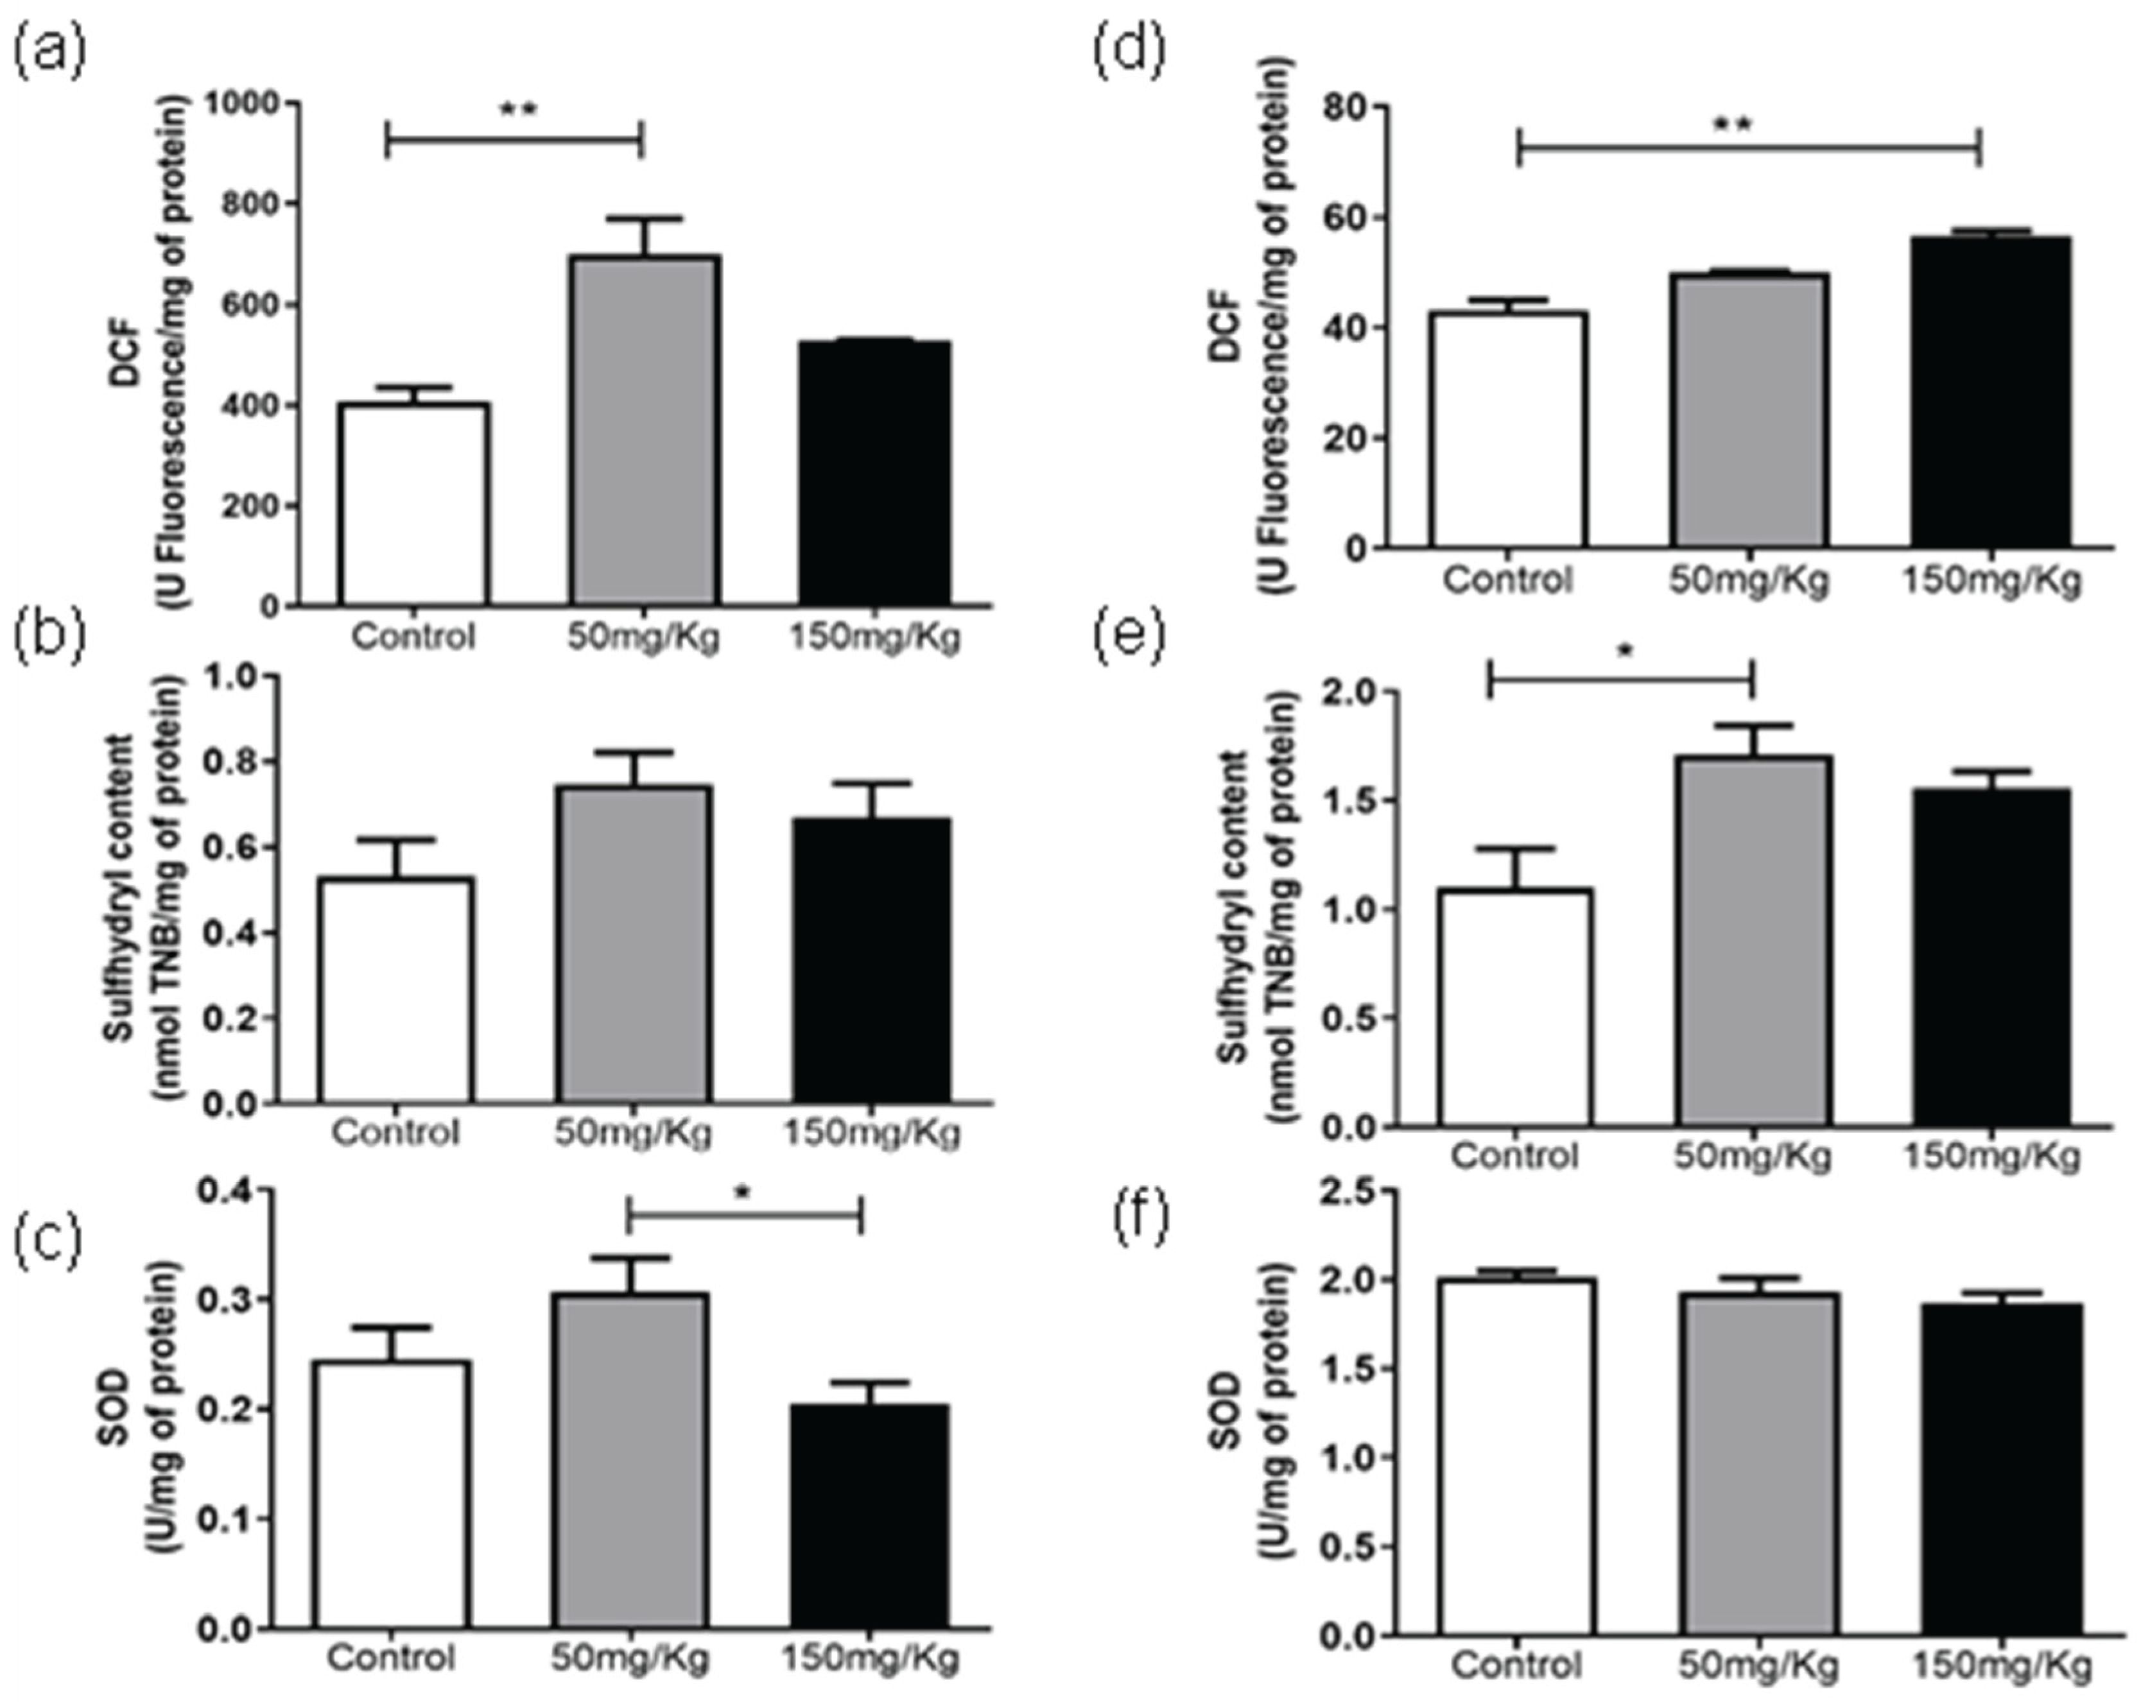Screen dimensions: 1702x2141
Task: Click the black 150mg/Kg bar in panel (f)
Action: [2000, 1470]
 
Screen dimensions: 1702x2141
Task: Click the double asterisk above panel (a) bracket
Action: [517, 108]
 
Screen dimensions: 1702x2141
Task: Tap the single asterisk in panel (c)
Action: [743, 1192]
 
